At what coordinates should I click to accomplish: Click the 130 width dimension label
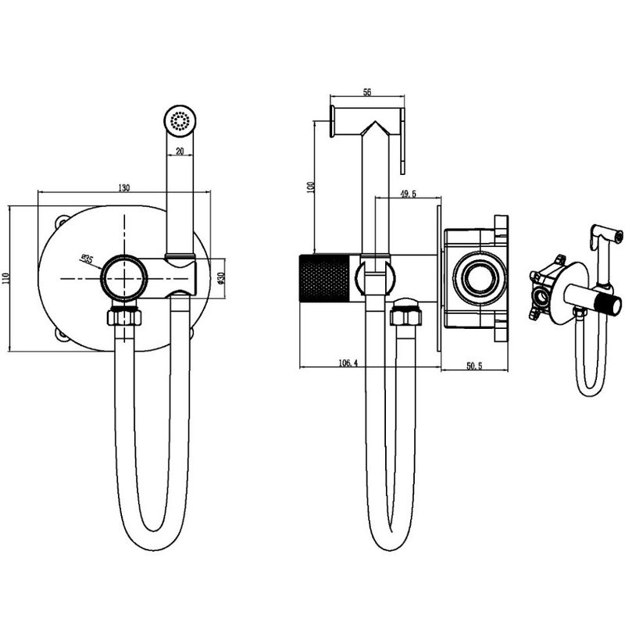pyautogui.click(x=124, y=187)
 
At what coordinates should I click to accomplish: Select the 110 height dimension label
pyautogui.click(x=5, y=278)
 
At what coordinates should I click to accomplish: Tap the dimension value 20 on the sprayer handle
pyautogui.click(x=180, y=151)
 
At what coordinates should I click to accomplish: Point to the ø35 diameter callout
pyautogui.click(x=87, y=259)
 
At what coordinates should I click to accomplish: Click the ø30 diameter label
pyautogui.click(x=222, y=278)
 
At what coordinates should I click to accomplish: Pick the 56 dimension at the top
pyautogui.click(x=367, y=92)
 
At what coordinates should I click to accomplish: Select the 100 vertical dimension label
pyautogui.click(x=311, y=187)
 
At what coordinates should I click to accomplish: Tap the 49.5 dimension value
pyautogui.click(x=408, y=194)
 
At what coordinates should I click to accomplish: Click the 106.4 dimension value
pyautogui.click(x=348, y=362)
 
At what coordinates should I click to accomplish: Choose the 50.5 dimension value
pyautogui.click(x=474, y=366)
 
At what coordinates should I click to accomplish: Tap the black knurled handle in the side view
pyautogui.click(x=324, y=277)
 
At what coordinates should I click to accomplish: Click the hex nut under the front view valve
pyautogui.click(x=124, y=317)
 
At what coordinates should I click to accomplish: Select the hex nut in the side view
pyautogui.click(x=405, y=317)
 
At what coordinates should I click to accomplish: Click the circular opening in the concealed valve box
pyautogui.click(x=480, y=278)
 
